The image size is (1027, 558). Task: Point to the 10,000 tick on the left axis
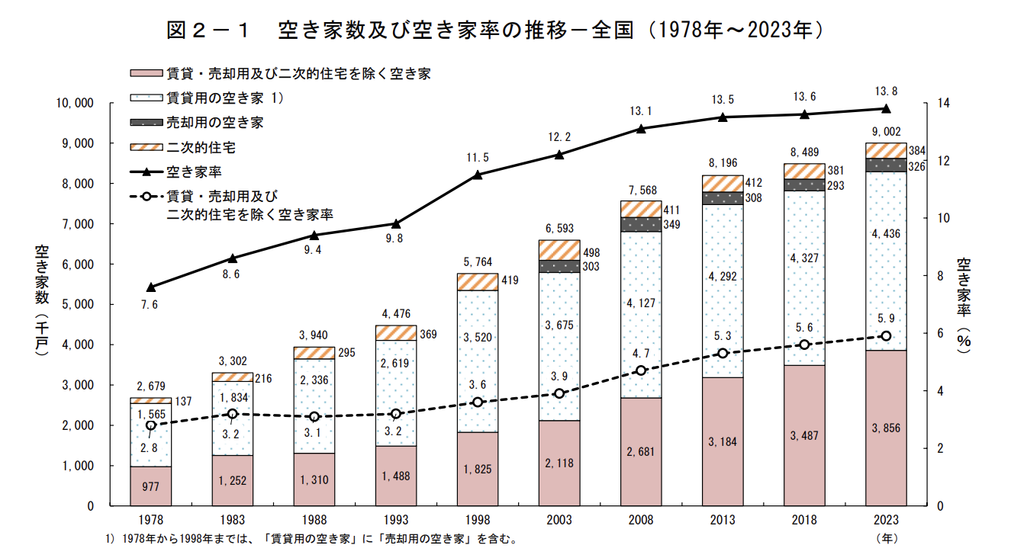pyautogui.click(x=73, y=103)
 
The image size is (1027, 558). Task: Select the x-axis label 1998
pyautogui.click(x=477, y=520)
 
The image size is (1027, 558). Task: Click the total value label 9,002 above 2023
pyautogui.click(x=886, y=132)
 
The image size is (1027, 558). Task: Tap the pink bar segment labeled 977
pyautogui.click(x=150, y=486)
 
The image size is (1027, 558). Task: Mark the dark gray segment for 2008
pyautogui.click(x=641, y=224)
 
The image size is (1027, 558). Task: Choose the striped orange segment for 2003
pyautogui.click(x=559, y=250)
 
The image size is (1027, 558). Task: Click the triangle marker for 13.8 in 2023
pyautogui.click(x=886, y=108)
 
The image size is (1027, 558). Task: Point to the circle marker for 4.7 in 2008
pyautogui.click(x=641, y=370)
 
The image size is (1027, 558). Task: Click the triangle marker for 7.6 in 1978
pyautogui.click(x=150, y=287)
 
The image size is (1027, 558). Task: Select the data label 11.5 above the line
pyautogui.click(x=477, y=158)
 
